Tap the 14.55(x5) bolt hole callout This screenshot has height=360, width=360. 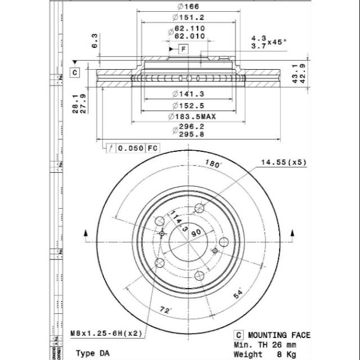click(282, 163)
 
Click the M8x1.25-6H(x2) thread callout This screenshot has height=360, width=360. click(106, 334)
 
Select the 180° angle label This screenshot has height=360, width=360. click(213, 165)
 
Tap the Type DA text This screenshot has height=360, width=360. click(93, 353)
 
